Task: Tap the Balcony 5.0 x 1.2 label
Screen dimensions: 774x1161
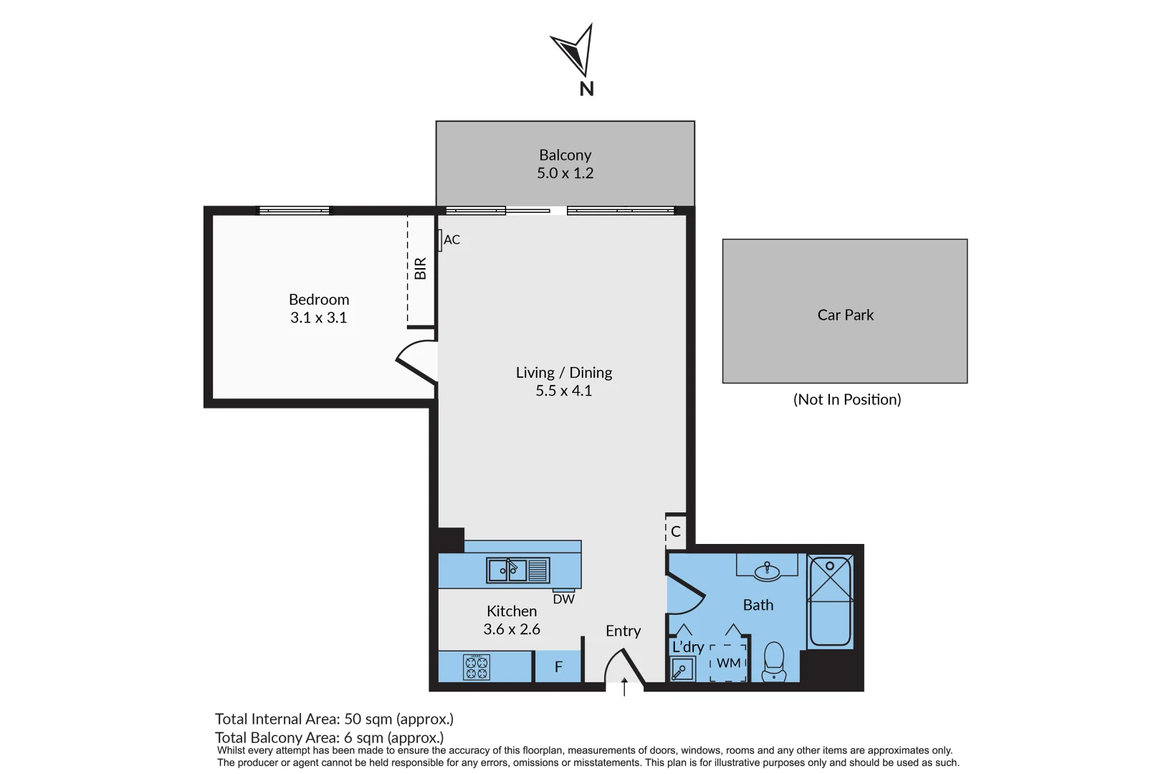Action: coord(565,164)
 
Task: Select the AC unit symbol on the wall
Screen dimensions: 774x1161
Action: coord(439,239)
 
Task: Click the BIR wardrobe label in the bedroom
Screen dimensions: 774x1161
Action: coord(420,269)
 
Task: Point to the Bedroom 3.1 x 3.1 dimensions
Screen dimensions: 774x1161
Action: coord(318,317)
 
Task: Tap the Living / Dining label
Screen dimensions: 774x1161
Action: coord(564,373)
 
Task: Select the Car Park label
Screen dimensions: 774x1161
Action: coord(845,315)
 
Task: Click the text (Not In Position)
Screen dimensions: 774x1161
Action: coord(846,400)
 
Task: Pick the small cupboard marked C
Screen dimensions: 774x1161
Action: coord(675,532)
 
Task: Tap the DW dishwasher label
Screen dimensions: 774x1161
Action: coord(563,599)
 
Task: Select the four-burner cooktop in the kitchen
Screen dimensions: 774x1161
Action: coord(477,667)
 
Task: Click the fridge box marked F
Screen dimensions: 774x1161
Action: coord(558,667)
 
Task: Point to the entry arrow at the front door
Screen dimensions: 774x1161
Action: coord(624,687)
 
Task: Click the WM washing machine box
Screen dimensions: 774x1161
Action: coord(728,663)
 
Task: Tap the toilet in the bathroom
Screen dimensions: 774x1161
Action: coord(774,661)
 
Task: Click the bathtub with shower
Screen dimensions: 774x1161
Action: coord(830,601)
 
